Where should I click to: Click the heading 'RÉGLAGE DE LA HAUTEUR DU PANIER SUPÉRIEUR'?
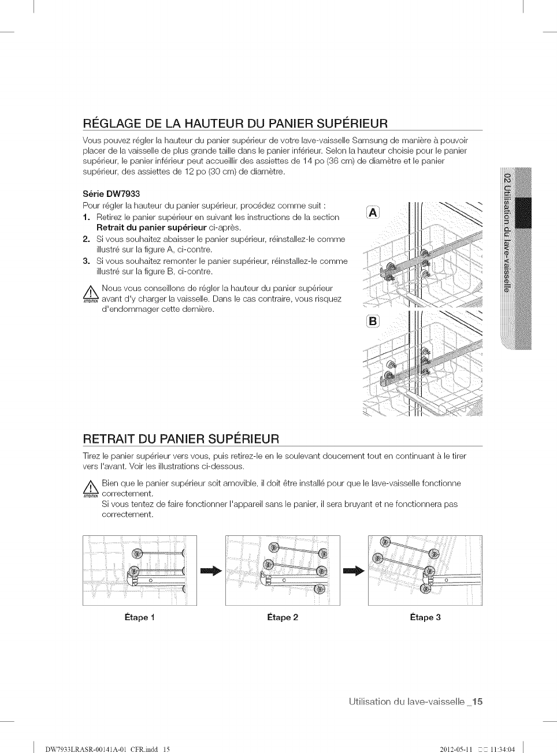click(235, 123)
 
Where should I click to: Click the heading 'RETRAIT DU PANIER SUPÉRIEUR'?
click(181, 438)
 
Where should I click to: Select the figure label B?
click(373, 321)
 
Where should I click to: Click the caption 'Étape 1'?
click(139, 617)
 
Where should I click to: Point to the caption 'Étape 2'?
click(283, 617)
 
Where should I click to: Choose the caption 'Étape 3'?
click(425, 617)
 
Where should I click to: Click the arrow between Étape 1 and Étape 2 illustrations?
click(211, 571)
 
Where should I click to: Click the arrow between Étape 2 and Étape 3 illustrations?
click(354, 571)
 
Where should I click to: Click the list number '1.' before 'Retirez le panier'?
click(86, 217)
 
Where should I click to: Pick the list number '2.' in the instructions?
click(86, 239)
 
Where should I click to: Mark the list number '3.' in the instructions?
click(86, 261)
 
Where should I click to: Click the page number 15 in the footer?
click(477, 702)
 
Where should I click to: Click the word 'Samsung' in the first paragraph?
click(367, 140)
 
